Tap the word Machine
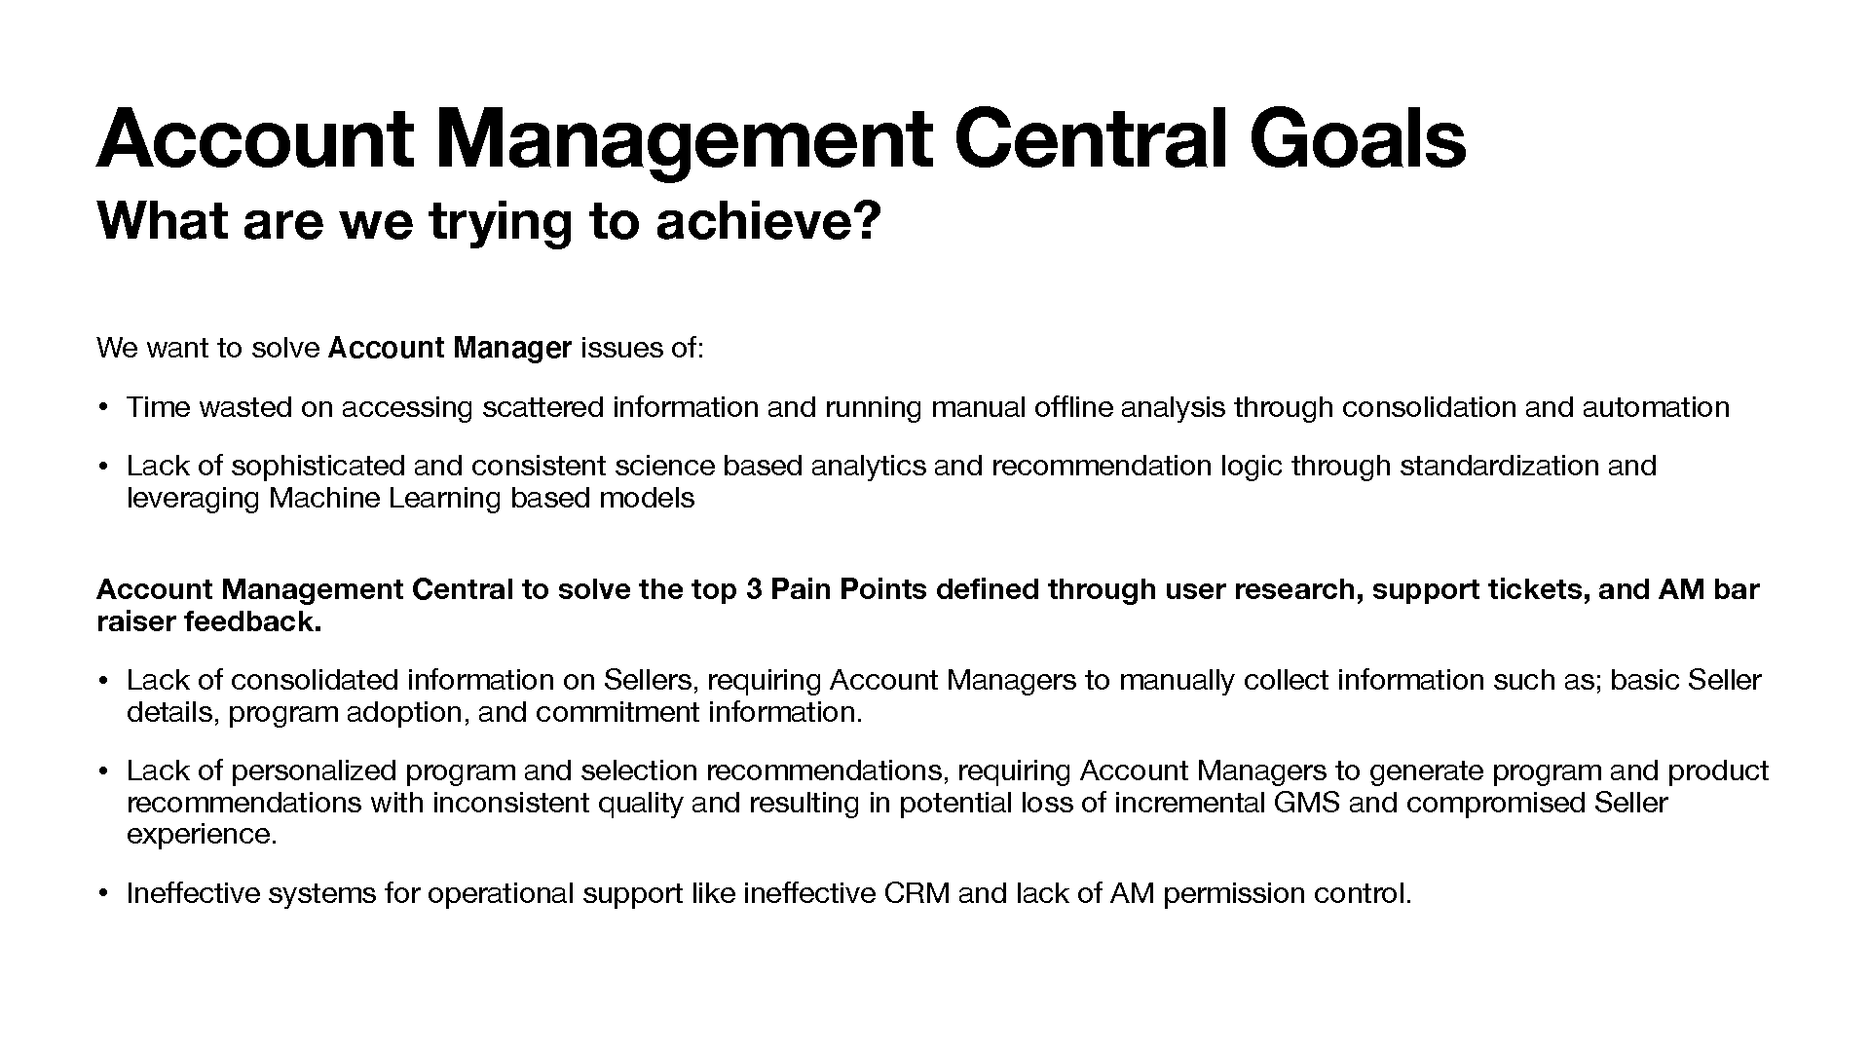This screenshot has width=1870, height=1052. click(324, 498)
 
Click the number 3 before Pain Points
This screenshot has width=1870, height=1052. click(753, 589)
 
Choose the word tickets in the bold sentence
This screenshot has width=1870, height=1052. click(1538, 590)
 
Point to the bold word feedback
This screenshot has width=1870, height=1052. click(252, 621)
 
